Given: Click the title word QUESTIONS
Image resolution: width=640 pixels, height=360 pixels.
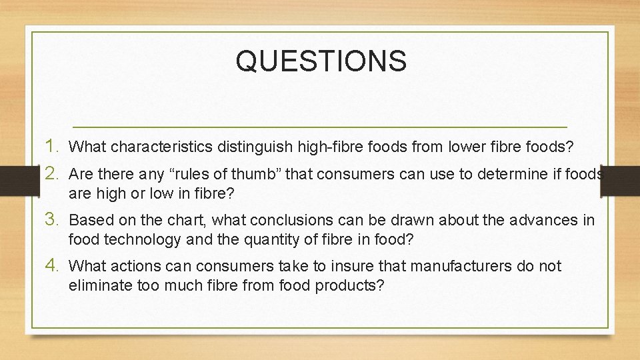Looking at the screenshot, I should point(321,61).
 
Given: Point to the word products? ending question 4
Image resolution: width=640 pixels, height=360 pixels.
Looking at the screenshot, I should point(353,285).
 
